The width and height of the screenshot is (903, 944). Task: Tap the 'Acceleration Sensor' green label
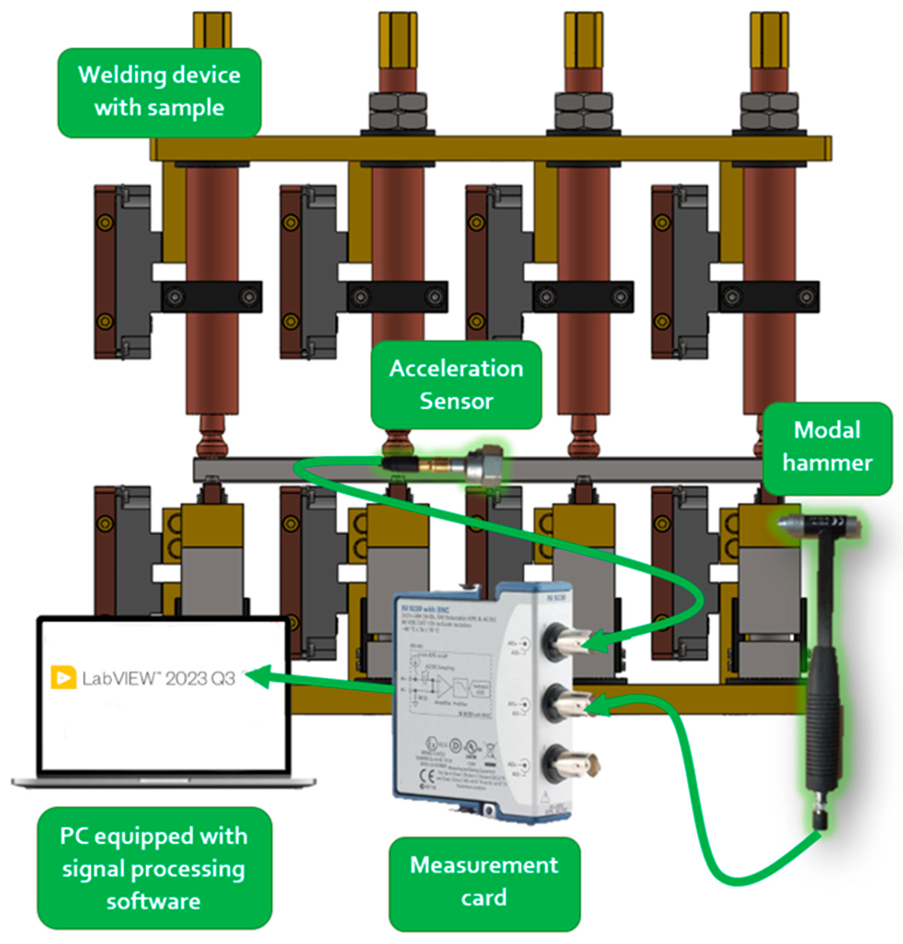(456, 385)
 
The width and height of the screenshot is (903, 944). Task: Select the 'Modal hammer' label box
(827, 447)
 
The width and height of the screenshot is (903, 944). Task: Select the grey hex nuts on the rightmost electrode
(769, 111)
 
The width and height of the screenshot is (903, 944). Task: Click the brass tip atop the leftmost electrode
(212, 29)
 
